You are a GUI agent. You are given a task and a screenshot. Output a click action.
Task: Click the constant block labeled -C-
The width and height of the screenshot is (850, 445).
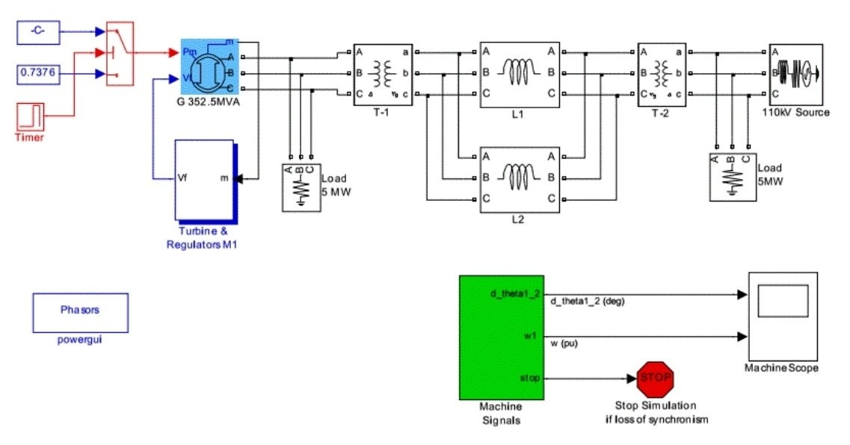(x=39, y=32)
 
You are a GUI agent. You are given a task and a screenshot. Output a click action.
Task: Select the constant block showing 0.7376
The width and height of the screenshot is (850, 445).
(x=39, y=73)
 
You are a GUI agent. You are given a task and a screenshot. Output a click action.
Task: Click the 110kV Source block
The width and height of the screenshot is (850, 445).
(x=796, y=73)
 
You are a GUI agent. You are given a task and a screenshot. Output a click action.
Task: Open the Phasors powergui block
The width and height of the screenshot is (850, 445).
(x=79, y=311)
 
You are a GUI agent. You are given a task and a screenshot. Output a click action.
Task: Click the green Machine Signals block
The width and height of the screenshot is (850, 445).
(x=500, y=337)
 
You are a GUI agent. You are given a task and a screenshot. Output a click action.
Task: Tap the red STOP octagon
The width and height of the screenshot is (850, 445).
(x=656, y=378)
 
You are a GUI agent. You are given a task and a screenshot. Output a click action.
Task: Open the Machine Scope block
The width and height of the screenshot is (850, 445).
(x=781, y=315)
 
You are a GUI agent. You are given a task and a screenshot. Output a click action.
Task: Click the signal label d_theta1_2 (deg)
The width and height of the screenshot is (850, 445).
(x=587, y=302)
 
